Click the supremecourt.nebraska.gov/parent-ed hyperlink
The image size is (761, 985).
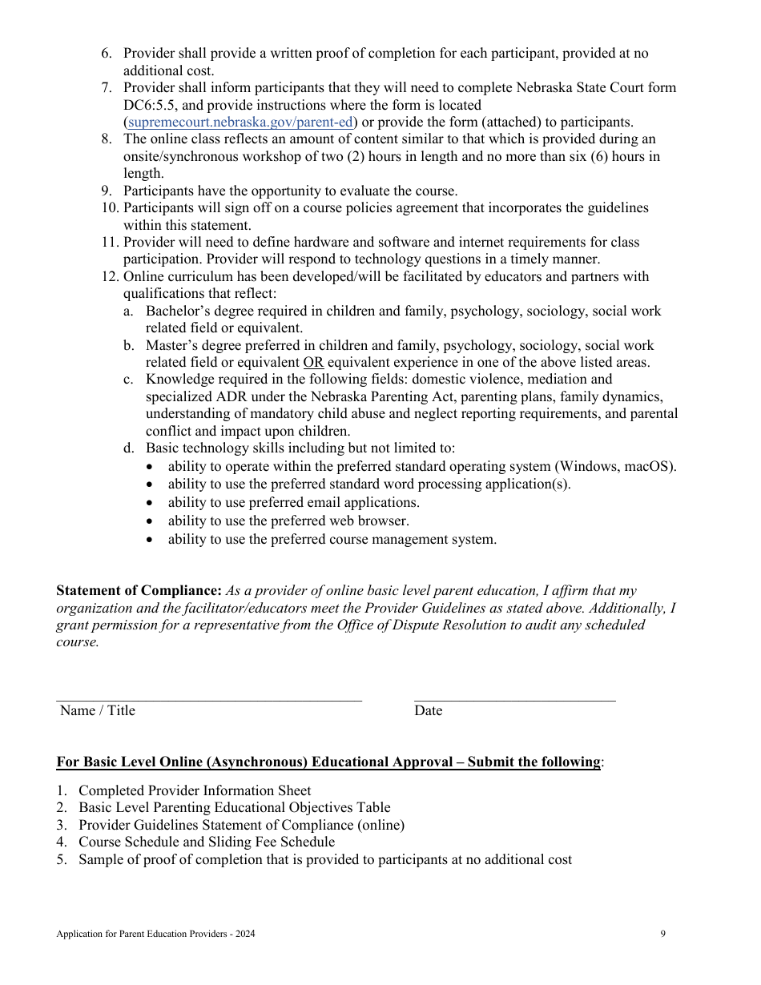(x=240, y=123)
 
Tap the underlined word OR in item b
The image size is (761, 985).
(x=313, y=363)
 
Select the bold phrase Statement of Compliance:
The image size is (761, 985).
(x=139, y=591)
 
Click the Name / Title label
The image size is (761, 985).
(x=97, y=711)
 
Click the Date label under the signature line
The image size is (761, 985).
(x=428, y=711)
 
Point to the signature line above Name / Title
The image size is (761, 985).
(x=208, y=701)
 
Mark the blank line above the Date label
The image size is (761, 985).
(x=514, y=701)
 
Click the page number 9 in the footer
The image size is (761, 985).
(x=663, y=934)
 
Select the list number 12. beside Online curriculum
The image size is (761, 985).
(x=110, y=277)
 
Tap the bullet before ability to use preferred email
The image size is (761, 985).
(x=152, y=503)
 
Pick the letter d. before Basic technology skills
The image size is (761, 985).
(x=128, y=448)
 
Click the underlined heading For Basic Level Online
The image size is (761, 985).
(x=328, y=762)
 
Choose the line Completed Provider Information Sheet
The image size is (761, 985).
(x=195, y=791)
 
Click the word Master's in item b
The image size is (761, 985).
(x=171, y=346)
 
